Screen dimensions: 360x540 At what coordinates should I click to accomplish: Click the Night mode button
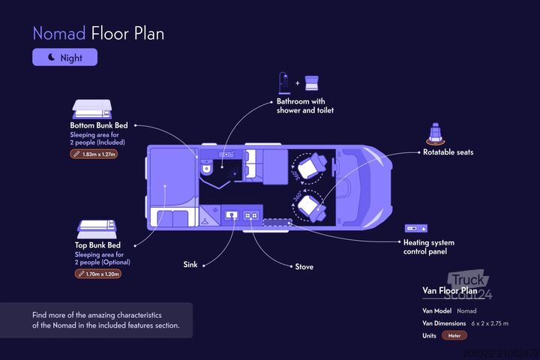tap(64, 57)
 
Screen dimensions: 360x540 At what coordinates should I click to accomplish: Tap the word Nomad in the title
tap(58, 33)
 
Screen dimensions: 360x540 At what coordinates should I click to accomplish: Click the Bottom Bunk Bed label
tap(98, 125)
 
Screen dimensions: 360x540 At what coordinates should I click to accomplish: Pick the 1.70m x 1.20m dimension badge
tap(98, 274)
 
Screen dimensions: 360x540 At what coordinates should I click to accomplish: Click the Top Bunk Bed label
tap(93, 245)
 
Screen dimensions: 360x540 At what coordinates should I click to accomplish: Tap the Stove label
tap(304, 267)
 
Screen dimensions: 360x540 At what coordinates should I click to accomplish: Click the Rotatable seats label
tap(448, 152)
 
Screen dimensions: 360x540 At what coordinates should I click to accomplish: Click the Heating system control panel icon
tap(415, 227)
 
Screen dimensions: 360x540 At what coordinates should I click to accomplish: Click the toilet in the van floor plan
tap(206, 169)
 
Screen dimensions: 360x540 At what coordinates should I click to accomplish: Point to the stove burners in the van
tap(251, 215)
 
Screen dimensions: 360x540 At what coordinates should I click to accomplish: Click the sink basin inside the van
tap(232, 215)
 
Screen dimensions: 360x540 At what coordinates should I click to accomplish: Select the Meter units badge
tap(454, 335)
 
